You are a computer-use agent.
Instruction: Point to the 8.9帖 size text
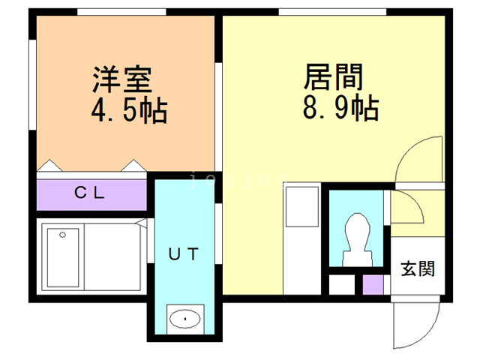tap(339, 109)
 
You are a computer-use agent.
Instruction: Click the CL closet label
tap(91, 193)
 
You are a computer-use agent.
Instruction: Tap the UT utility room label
tap(183, 254)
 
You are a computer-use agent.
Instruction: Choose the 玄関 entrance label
tap(417, 268)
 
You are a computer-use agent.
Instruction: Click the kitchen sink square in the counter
tap(303, 202)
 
